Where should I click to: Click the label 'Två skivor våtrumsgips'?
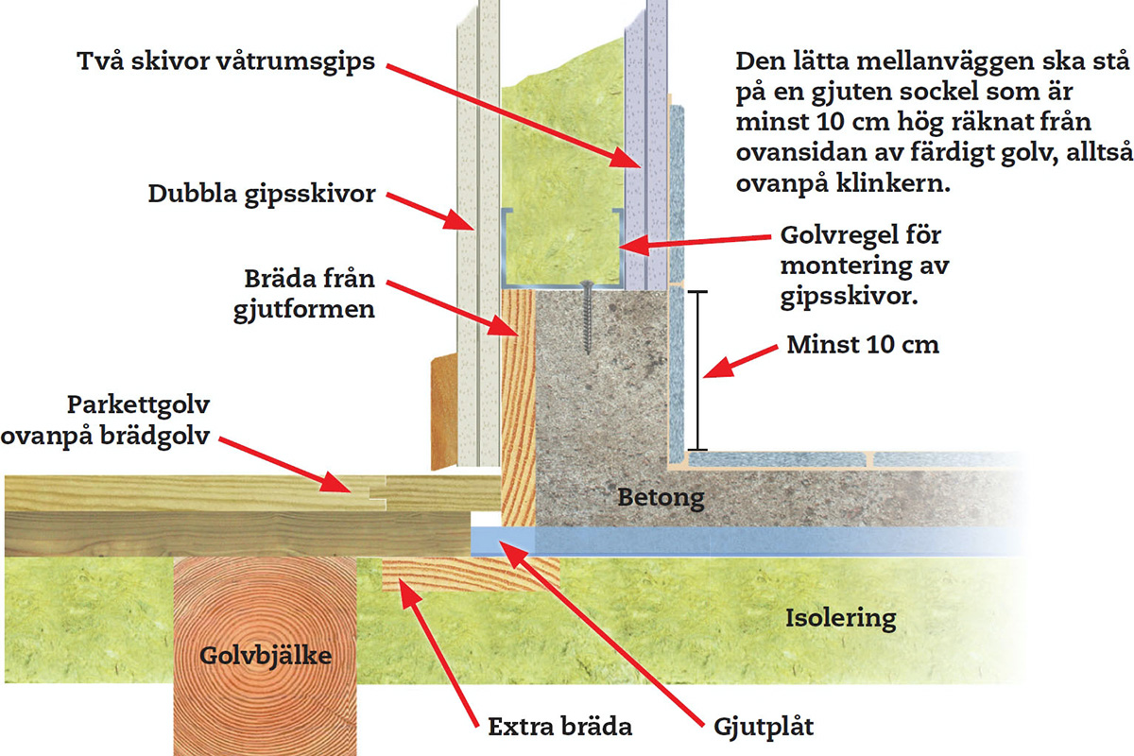(x=226, y=62)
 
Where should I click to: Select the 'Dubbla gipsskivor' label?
(x=262, y=194)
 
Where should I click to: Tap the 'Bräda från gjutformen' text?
(x=304, y=294)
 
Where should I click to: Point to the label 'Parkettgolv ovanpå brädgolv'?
(x=105, y=421)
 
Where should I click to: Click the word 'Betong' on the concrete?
(x=661, y=498)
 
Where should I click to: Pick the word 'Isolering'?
(x=841, y=618)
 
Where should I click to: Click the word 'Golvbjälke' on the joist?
(x=266, y=656)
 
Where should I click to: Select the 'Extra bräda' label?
(x=559, y=727)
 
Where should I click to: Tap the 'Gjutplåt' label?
(x=764, y=728)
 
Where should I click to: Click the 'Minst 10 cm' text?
(x=863, y=345)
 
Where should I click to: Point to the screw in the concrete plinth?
(x=587, y=317)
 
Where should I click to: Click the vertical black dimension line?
(x=697, y=370)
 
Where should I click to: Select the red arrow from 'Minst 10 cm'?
(x=741, y=362)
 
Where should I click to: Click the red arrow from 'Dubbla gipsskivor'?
(x=430, y=212)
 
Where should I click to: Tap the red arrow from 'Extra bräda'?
(x=438, y=653)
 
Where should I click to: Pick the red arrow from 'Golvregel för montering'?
(x=696, y=244)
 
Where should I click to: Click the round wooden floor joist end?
(x=266, y=656)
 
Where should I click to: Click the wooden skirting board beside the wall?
(x=444, y=412)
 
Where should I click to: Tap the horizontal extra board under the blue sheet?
(x=471, y=575)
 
